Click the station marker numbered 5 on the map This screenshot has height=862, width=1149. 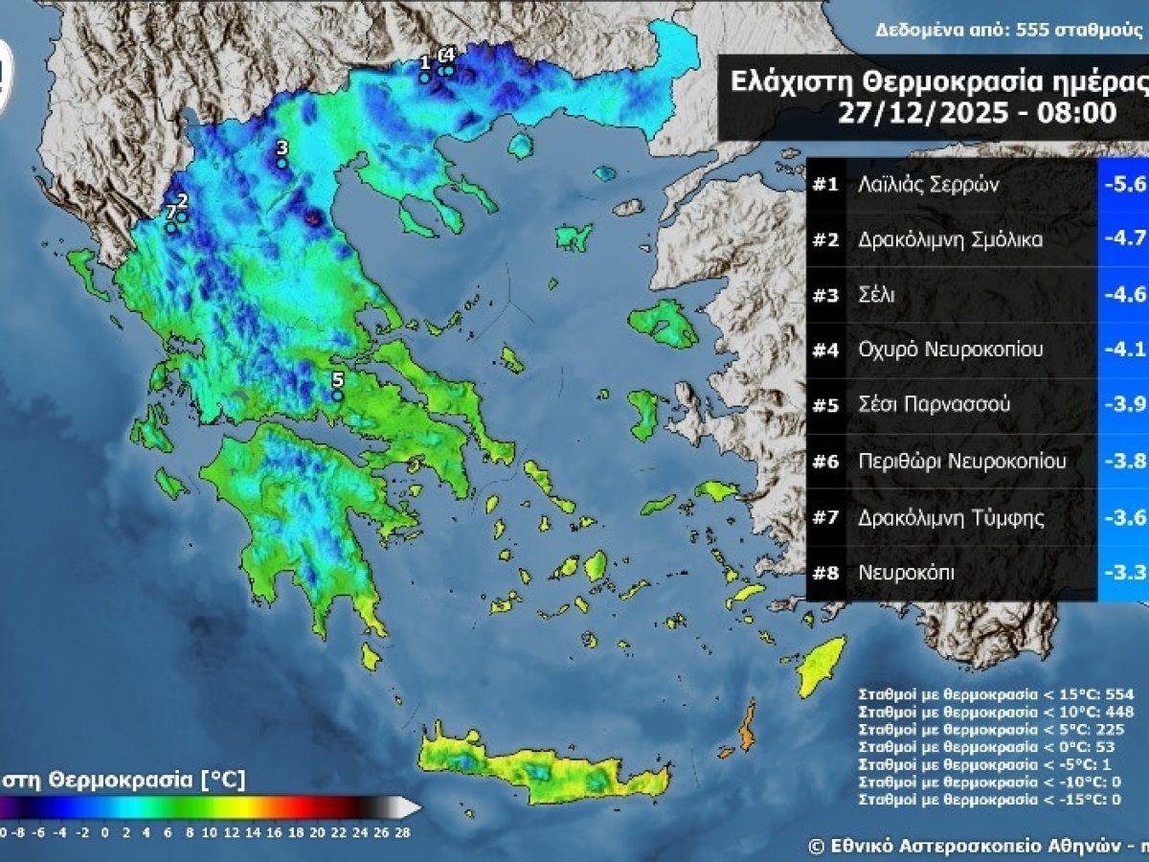point(337,396)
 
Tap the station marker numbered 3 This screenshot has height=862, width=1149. point(282,164)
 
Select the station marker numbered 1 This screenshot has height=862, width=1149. point(424,79)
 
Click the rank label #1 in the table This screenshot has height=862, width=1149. point(825,185)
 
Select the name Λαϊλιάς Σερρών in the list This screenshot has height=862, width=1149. point(928,185)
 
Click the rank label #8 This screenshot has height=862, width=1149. point(825,574)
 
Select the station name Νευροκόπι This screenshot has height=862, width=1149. point(906,574)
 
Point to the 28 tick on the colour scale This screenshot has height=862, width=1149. point(402,833)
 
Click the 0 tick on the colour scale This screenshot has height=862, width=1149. point(103,833)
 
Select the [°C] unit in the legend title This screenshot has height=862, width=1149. point(222,781)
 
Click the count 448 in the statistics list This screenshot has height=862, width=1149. point(1117,712)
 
